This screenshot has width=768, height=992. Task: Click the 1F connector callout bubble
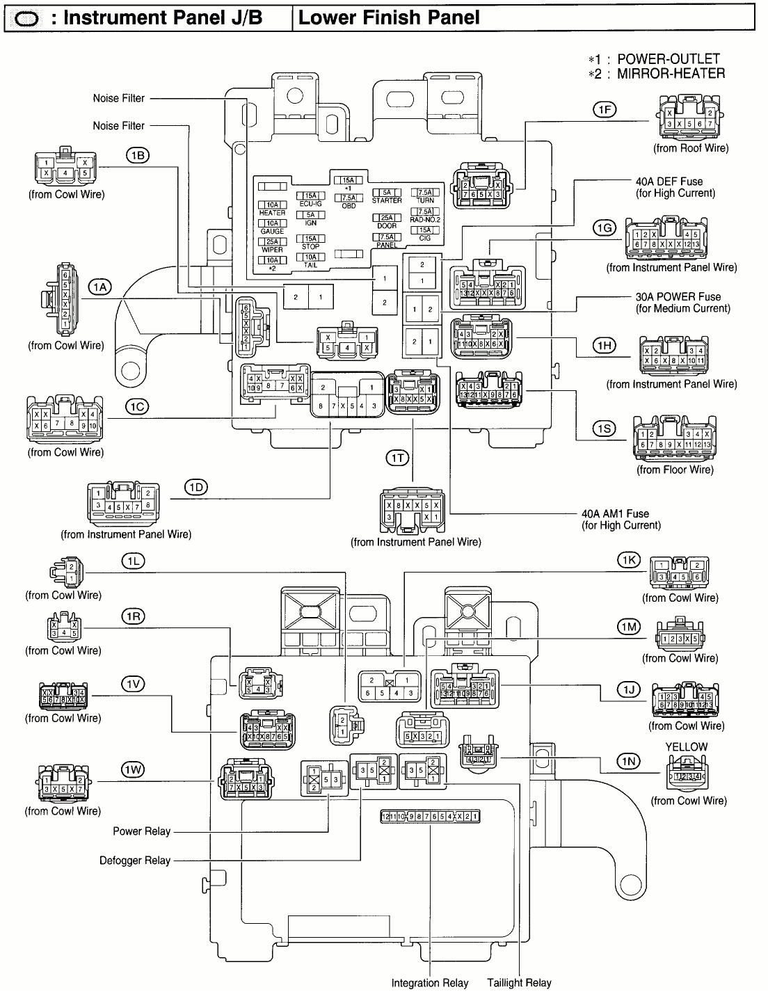coord(604,109)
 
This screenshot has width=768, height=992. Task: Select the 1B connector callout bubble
coord(138,155)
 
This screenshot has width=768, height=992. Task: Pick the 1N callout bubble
coord(629,762)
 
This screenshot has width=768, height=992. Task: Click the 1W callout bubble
coord(133,769)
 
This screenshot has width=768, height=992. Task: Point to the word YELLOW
coord(686,746)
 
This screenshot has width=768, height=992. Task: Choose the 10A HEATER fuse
coord(272,208)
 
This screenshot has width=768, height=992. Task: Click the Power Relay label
coord(137,831)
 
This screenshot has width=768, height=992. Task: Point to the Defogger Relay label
coord(135,861)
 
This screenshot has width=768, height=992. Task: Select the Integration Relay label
coord(429,983)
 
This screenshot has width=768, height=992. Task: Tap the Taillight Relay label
coord(519,983)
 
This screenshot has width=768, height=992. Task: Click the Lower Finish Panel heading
coord(389,17)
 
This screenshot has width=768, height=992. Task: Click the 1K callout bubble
coord(629,561)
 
